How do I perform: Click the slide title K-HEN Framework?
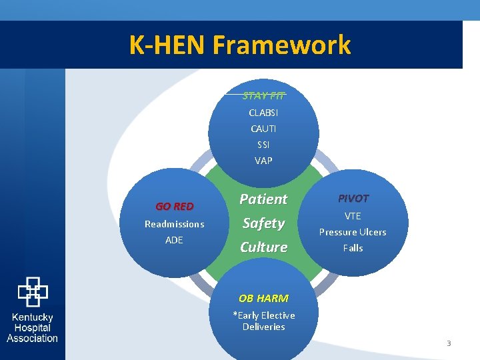(x=240, y=45)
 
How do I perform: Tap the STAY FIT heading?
(x=263, y=95)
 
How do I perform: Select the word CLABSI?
(x=263, y=113)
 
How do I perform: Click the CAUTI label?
(x=263, y=129)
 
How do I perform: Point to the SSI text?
(x=263, y=145)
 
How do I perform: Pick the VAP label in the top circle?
(x=263, y=161)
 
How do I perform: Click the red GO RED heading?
(x=174, y=206)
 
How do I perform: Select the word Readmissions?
(x=174, y=224)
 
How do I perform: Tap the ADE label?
(x=174, y=240)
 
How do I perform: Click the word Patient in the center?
(x=263, y=199)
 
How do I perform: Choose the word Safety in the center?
(x=263, y=223)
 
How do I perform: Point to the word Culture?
(x=263, y=247)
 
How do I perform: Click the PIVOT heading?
(x=353, y=198)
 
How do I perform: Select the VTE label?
(x=353, y=216)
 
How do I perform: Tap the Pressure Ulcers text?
(x=353, y=232)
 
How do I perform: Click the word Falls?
(x=353, y=248)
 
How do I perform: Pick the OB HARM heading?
(x=263, y=298)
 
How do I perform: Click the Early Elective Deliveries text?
(x=263, y=321)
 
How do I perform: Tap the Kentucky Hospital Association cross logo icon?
(x=32, y=292)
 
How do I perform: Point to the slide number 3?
(x=449, y=343)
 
